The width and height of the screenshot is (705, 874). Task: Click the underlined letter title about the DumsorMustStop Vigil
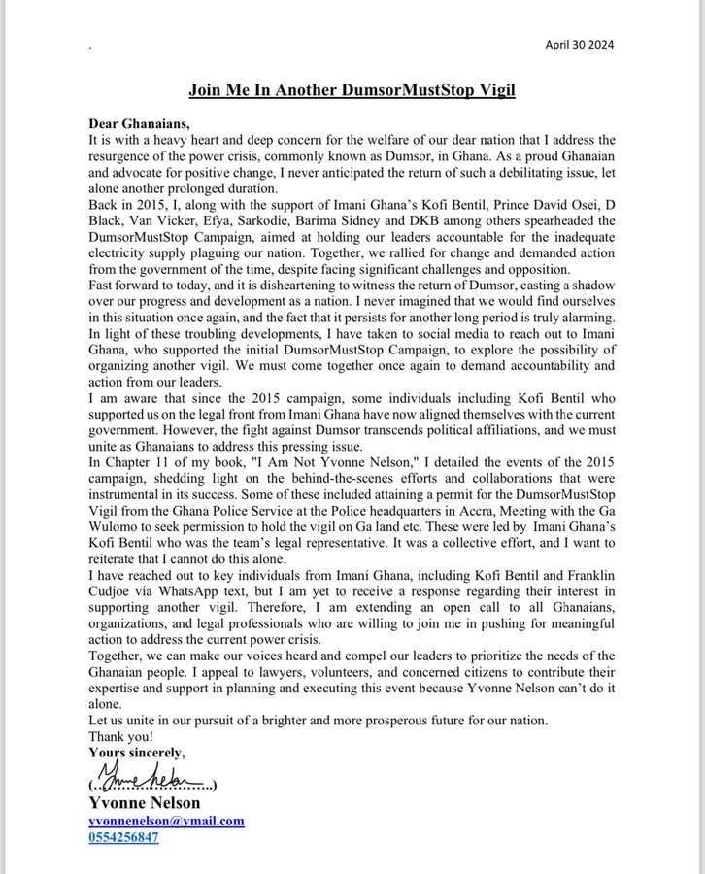coord(352,91)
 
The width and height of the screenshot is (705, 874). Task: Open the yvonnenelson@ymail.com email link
coord(166,821)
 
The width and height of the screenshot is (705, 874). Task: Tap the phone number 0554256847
coord(123,837)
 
